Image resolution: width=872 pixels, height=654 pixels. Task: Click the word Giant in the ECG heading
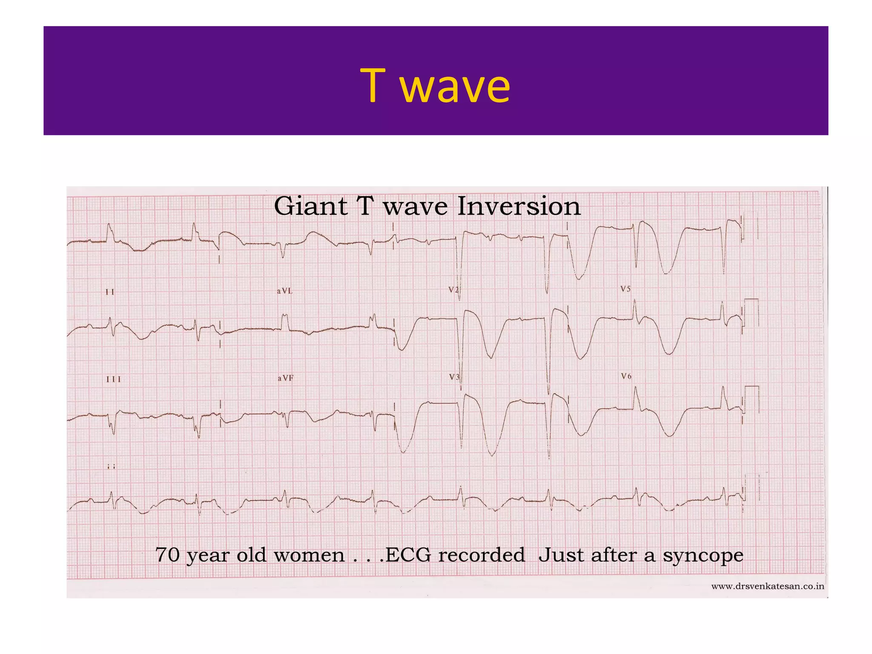click(310, 207)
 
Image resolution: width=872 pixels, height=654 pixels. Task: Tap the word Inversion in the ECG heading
click(519, 207)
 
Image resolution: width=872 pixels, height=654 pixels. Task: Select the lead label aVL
click(284, 291)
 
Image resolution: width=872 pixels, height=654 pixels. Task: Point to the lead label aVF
click(285, 378)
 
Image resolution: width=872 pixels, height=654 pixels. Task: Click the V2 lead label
click(453, 290)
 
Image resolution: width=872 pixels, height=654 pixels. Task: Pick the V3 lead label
click(454, 377)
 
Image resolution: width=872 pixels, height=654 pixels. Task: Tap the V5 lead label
click(625, 289)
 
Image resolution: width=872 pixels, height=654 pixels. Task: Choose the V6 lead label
click(626, 376)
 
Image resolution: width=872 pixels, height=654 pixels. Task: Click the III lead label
click(113, 379)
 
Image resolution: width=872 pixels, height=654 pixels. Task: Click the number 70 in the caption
click(167, 555)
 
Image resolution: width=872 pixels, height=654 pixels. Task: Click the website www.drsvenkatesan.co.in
click(768, 587)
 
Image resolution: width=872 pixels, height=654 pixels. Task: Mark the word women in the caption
click(309, 555)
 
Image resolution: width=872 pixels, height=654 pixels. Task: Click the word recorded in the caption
click(482, 555)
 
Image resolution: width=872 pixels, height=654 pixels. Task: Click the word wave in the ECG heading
click(415, 207)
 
